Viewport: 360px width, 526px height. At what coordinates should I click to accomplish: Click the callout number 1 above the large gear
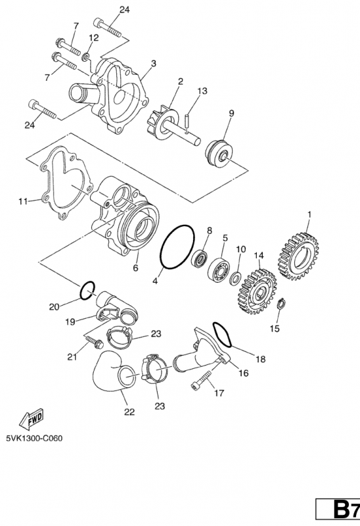click(309, 214)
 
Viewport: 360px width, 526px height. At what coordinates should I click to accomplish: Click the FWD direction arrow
click(30, 419)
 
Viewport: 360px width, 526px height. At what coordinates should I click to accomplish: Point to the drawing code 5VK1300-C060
click(34, 438)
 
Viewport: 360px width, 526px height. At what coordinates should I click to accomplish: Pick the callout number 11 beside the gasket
click(23, 201)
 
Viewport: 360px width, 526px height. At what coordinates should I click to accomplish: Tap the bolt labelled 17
click(203, 380)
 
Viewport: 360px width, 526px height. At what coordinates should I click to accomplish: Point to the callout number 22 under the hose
click(129, 412)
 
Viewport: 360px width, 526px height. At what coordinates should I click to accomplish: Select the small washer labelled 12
click(86, 57)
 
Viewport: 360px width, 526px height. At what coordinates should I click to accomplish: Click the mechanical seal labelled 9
click(217, 154)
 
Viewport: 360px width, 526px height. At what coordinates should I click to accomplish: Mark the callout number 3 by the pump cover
click(154, 63)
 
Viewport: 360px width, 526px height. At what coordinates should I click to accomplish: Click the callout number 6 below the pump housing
click(135, 268)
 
